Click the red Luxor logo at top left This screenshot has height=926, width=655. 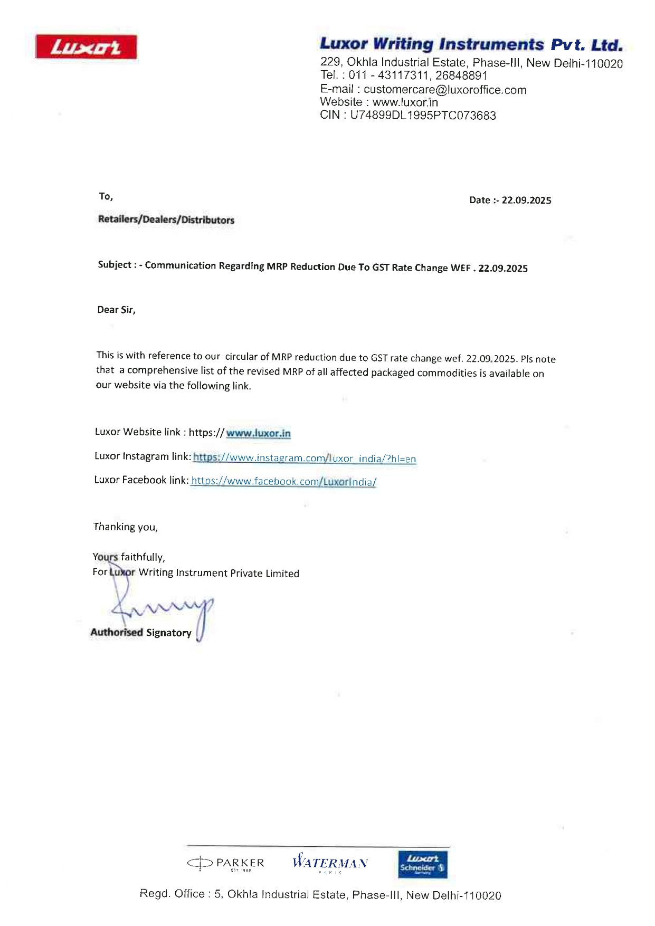coord(86,47)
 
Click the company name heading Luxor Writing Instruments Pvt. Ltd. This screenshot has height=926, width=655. coord(471,44)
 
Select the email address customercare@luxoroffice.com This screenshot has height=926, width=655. coord(444,90)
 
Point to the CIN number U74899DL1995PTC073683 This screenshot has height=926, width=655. coord(423,116)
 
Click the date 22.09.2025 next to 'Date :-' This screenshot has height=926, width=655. coord(526,200)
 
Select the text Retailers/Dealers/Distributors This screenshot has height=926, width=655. coord(166,220)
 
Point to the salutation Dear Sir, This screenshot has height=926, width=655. coord(116,310)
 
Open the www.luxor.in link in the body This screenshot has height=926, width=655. coord(258,433)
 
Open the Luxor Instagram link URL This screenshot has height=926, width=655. coord(305,458)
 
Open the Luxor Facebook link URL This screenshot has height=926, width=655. coord(283,481)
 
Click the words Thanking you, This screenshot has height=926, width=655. coord(126,527)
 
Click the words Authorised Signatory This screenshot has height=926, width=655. coord(141,632)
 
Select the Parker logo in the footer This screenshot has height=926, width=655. coord(226,863)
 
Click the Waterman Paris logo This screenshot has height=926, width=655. coord(330,863)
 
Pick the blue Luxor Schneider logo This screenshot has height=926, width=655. coord(422,864)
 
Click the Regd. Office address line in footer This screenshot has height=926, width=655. coord(320,895)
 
